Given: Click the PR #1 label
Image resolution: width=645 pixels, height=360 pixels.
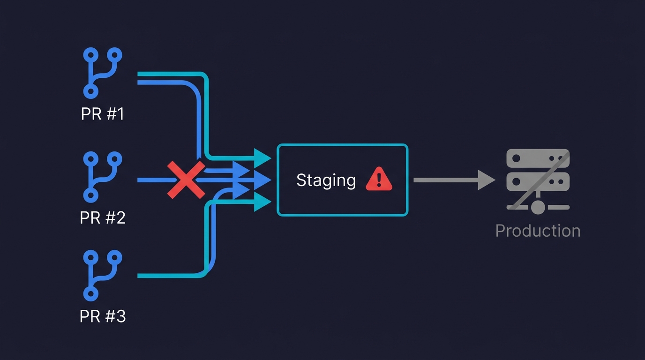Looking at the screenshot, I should [x=103, y=114].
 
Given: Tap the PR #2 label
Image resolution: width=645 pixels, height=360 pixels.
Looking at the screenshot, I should [x=103, y=217].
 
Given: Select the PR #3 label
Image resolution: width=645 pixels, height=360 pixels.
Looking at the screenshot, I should [x=103, y=316].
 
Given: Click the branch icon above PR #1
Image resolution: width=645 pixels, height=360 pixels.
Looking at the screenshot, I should [x=103, y=73].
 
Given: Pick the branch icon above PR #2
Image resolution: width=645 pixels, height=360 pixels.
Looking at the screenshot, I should [x=103, y=177].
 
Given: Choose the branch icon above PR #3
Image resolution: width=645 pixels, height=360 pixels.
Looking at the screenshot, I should [x=103, y=275].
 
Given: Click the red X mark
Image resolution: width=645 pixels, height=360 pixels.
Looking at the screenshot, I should [x=187, y=180].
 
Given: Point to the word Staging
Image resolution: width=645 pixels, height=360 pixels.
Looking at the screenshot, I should [x=326, y=180].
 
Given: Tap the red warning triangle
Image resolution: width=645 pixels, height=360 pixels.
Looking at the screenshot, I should [x=379, y=180].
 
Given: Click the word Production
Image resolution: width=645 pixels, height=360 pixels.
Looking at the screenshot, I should [x=538, y=231].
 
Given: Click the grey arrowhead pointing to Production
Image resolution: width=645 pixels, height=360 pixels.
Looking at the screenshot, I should [x=487, y=180].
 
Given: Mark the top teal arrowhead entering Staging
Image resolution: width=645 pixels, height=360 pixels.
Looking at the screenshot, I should [x=262, y=157].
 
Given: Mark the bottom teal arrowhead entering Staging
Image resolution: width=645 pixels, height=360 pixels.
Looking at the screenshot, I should [x=262, y=203].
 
